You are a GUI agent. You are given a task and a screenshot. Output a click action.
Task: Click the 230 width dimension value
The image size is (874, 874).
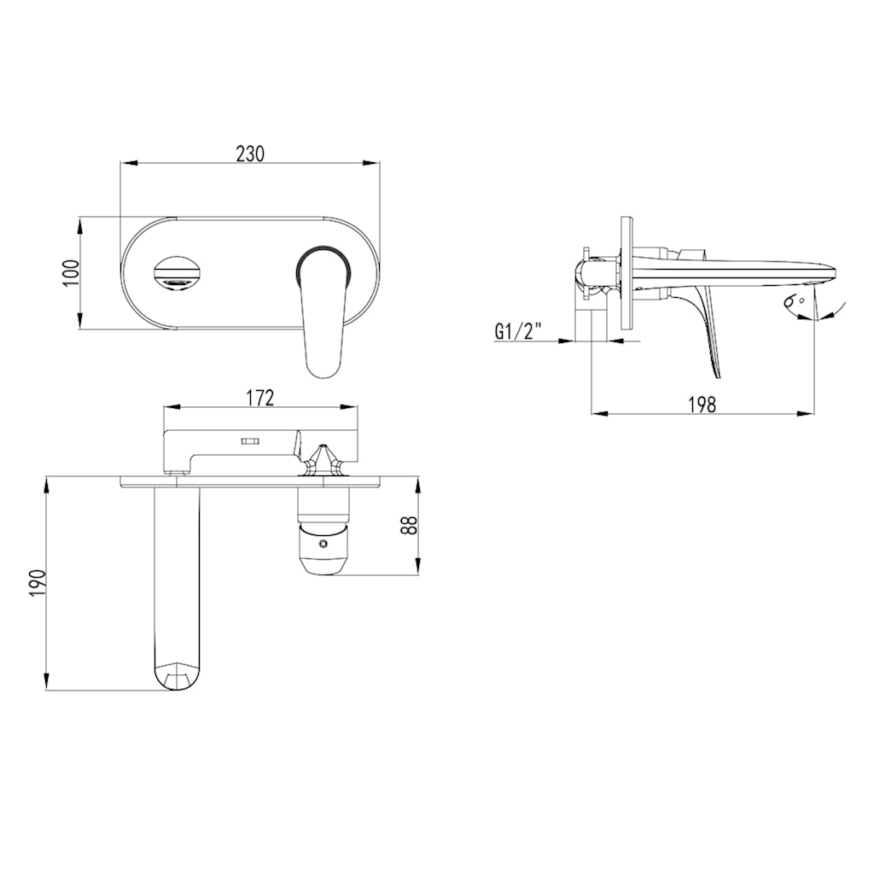(250, 153)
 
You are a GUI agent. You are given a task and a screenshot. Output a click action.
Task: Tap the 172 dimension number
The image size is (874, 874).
(260, 397)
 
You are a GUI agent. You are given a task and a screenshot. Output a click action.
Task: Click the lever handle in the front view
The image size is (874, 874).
(322, 316)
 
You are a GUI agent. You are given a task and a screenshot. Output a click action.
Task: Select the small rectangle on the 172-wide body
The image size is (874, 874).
(249, 441)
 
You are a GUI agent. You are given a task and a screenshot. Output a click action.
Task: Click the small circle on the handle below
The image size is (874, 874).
(323, 544)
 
